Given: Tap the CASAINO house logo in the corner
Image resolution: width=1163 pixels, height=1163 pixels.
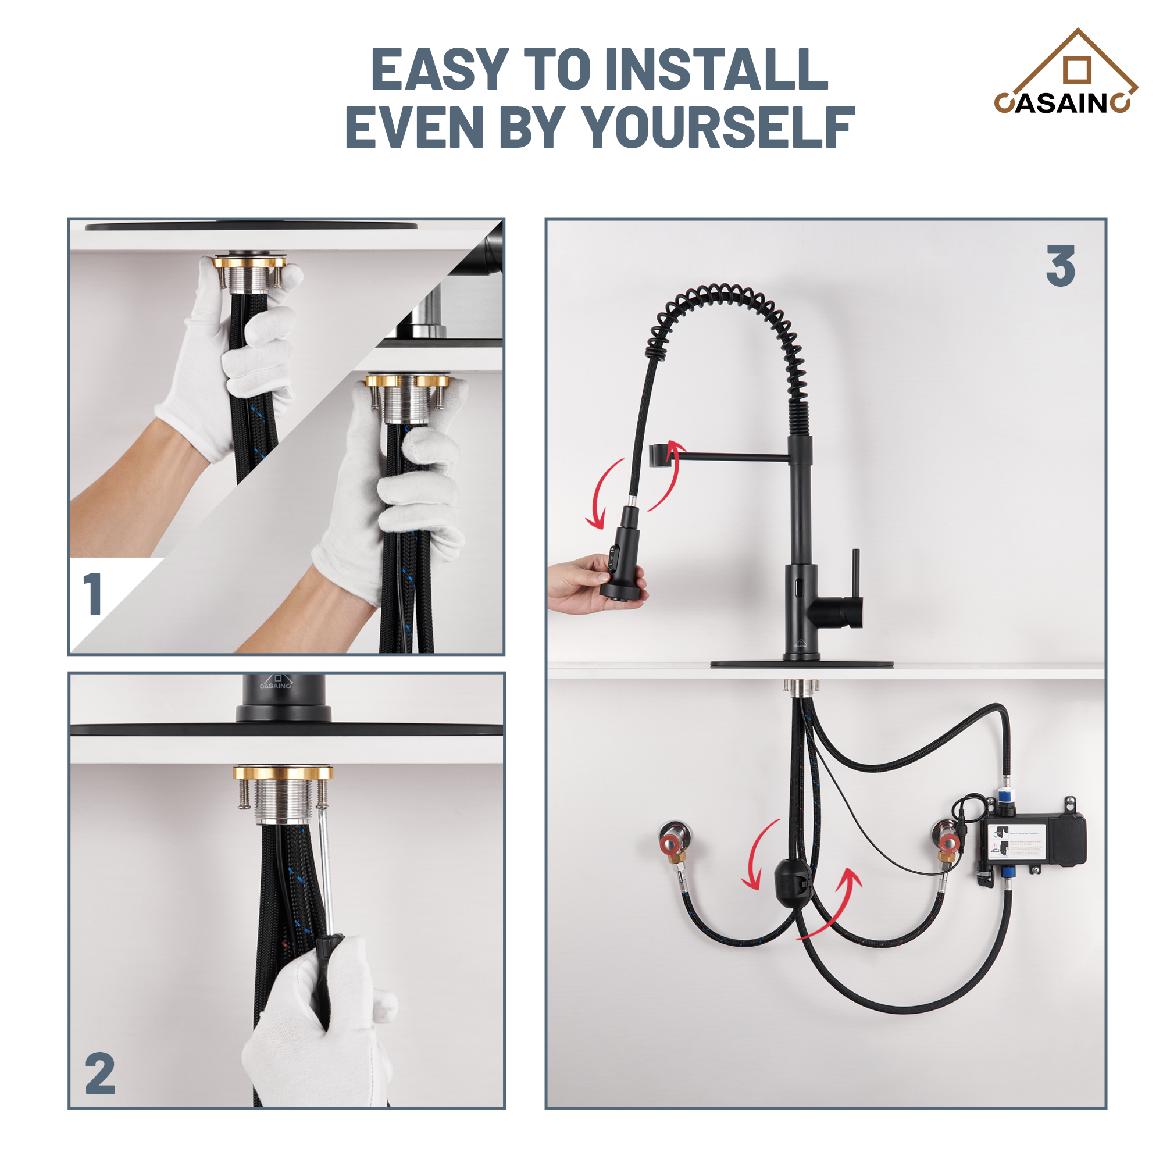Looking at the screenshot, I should click(x=1065, y=75).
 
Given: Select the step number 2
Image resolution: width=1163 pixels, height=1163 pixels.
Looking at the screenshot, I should click(x=100, y=1074).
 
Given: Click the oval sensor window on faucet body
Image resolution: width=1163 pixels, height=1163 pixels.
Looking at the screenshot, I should click(x=798, y=584).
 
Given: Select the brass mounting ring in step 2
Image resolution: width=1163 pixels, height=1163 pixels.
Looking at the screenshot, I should click(x=283, y=773).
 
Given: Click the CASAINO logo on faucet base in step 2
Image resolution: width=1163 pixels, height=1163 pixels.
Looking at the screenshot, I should click(x=276, y=683).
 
